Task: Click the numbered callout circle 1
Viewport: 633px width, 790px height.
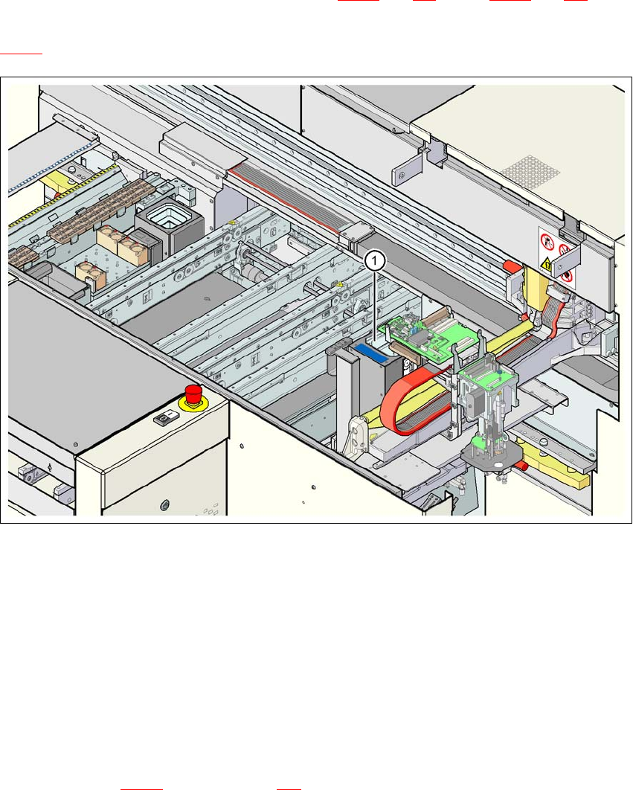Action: (376, 260)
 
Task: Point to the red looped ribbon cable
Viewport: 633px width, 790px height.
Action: (405, 405)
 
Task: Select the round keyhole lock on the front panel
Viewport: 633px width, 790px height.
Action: (164, 507)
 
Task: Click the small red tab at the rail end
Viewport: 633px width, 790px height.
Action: (510, 266)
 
